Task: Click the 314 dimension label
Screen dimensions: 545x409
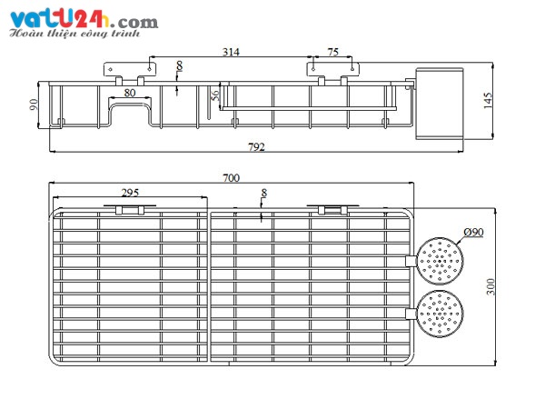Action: tap(231, 52)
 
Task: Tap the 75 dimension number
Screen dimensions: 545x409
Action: tap(333, 52)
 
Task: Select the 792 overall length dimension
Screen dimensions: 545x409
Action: tap(256, 147)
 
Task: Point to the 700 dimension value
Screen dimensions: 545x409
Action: tap(231, 178)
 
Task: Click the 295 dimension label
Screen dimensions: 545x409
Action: tap(130, 193)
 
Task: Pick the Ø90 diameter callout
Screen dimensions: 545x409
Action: tap(473, 232)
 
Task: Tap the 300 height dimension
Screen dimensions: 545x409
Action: tap(490, 286)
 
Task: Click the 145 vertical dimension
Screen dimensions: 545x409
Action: tap(488, 101)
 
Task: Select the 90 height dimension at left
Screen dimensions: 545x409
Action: tap(34, 105)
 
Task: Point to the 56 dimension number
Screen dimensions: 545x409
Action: tap(215, 95)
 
